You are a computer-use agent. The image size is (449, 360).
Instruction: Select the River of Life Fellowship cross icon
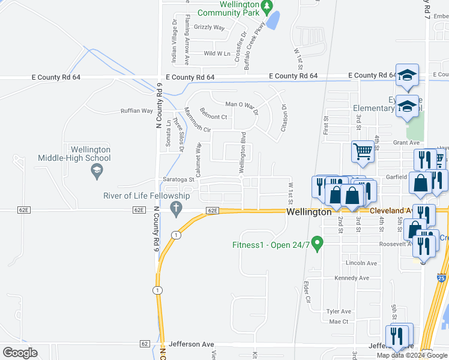(176, 209)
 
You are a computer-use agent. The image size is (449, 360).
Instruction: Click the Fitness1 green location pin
(319, 244)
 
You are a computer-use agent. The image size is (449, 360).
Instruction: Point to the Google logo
(20, 353)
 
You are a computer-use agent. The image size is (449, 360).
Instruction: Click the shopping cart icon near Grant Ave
(363, 152)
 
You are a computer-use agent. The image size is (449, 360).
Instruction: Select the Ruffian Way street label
(137, 111)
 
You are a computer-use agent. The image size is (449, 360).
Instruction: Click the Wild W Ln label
(217, 53)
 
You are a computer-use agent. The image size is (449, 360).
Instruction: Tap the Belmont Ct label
(213, 117)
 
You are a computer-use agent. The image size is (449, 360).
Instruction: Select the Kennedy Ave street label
(352, 278)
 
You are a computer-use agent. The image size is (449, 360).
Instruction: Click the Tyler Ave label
(339, 311)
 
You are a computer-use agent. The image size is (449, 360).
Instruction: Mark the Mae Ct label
(339, 322)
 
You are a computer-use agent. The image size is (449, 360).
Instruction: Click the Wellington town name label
(309, 212)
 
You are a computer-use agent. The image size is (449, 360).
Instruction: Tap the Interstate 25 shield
(442, 278)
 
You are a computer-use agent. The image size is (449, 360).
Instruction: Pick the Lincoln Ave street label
(361, 263)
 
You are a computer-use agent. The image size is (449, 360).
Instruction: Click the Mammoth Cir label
(197, 121)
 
